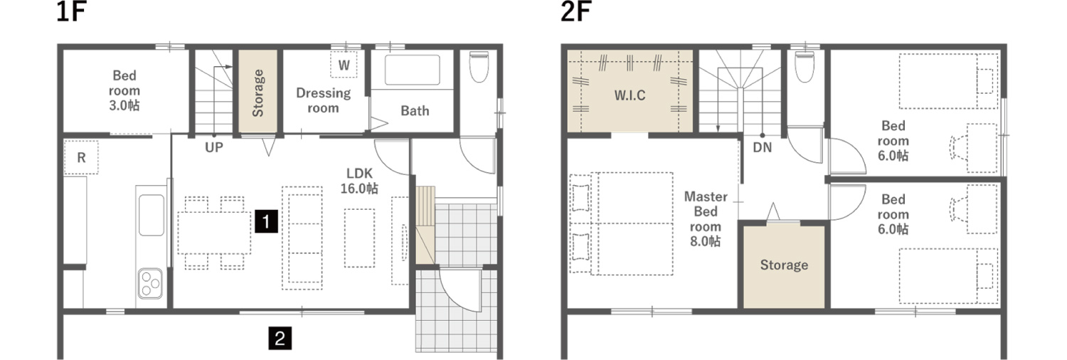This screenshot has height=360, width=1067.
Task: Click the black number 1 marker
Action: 266,221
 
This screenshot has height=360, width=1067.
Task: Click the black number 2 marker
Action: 280,338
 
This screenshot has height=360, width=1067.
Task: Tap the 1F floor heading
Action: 71,12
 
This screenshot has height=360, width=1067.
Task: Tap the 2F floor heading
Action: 575,12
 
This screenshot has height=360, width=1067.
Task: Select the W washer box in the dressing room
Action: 344,64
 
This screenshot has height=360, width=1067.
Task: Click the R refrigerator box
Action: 81,157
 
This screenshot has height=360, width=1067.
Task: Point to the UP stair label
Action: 214,147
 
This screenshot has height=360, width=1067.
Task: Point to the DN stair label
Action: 762,147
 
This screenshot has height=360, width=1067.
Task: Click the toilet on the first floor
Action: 479,67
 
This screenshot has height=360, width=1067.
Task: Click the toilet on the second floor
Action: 805,67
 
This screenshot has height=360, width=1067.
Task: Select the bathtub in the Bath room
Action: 412,70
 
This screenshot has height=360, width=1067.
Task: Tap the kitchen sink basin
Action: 152,216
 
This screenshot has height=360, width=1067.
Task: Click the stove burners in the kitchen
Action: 150,283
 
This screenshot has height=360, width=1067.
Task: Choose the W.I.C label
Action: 630,95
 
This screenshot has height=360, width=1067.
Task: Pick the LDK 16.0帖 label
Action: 359,181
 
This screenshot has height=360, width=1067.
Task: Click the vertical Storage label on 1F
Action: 258,93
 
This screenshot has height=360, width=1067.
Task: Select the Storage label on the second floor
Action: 784,265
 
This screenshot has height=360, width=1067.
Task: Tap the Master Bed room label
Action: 706,219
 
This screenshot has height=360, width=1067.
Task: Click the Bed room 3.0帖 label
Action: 124,90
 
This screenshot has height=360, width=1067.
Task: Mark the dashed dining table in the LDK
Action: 214,233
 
